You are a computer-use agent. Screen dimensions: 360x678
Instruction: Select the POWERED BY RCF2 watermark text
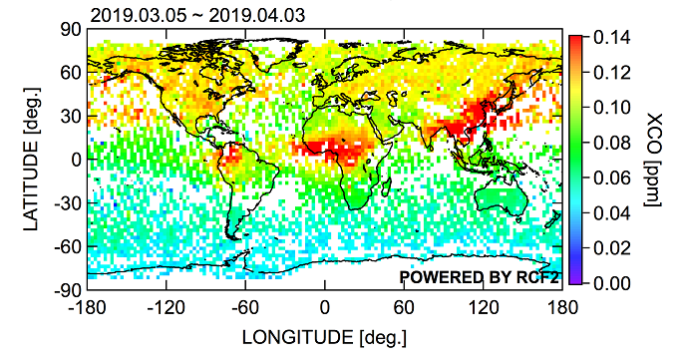[478, 276]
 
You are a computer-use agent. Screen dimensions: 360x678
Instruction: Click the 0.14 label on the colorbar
[611, 36]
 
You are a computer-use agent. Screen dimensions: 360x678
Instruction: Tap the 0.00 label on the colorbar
[611, 284]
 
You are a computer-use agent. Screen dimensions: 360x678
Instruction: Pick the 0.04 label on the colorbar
[611, 213]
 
